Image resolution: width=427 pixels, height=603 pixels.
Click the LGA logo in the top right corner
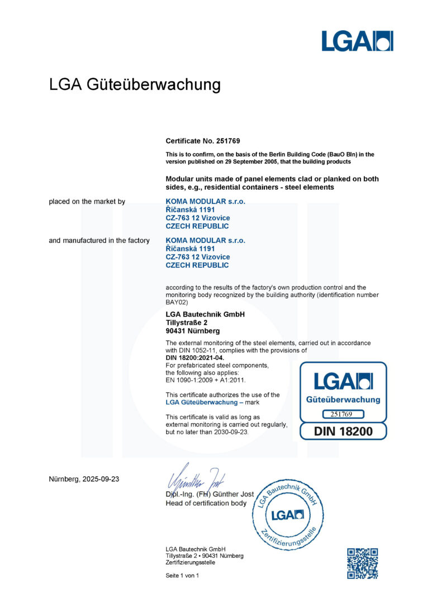[x=357, y=41]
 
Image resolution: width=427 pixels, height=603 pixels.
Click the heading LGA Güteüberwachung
[x=135, y=85]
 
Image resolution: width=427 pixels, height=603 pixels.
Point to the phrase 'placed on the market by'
[x=87, y=201]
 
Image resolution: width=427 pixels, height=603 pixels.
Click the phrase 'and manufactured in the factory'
[x=99, y=240]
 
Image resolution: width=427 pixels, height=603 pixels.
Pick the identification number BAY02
[x=176, y=302]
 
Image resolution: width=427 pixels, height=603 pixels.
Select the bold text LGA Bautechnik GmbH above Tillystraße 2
[x=205, y=314]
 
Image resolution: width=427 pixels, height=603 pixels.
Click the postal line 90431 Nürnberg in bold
[x=192, y=331]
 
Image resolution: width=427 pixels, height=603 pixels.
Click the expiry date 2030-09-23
[x=229, y=432]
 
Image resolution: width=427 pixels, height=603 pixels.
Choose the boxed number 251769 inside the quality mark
[x=343, y=414]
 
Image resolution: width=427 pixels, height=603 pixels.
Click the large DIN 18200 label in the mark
[x=343, y=431]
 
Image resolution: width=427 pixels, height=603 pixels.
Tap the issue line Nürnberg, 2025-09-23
[x=84, y=479]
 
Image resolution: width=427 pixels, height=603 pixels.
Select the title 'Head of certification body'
[x=206, y=503]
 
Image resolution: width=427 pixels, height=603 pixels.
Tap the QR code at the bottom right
[x=362, y=563]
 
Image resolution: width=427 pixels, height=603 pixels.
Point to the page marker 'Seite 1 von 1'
[x=182, y=576]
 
